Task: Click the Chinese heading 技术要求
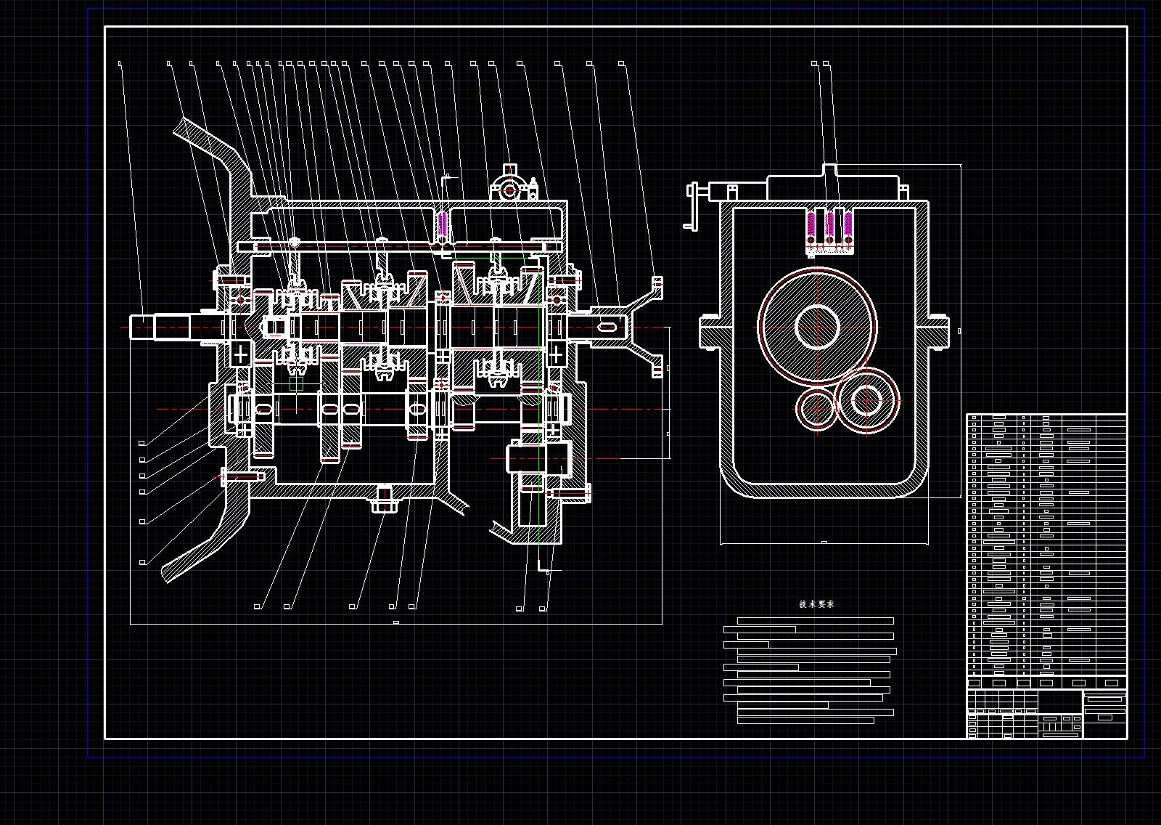816,604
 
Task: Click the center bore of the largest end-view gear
817,327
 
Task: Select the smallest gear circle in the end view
816,409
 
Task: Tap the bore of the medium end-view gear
864,400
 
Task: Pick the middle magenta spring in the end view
829,225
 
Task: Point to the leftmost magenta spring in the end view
812,225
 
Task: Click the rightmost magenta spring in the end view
847,225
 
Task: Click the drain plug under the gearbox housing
385,499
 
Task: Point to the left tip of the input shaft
134,328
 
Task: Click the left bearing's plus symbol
240,355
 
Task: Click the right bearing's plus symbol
557,355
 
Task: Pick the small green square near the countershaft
296,384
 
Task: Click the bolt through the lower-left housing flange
239,477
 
